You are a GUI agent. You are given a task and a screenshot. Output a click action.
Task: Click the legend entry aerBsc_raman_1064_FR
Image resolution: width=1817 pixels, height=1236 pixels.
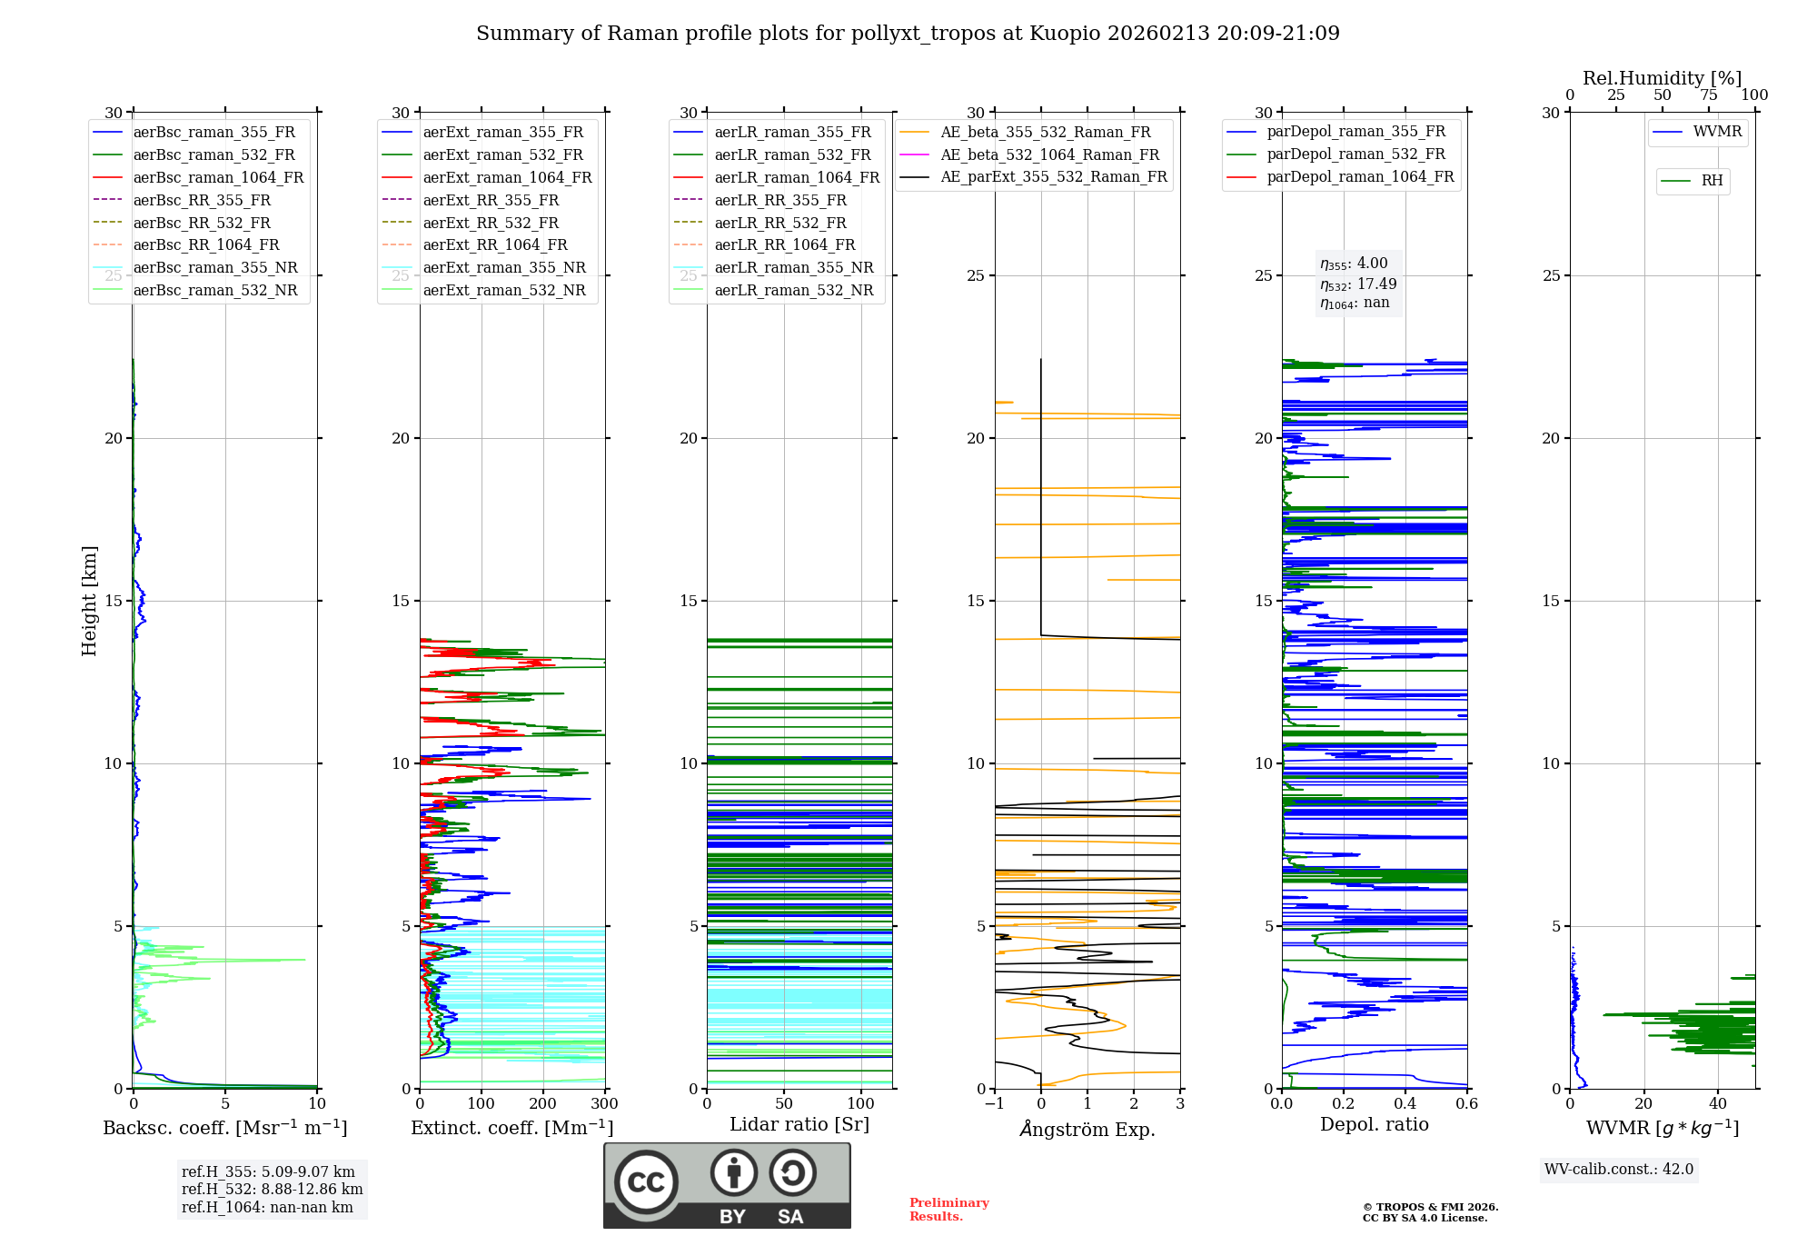[x=218, y=177]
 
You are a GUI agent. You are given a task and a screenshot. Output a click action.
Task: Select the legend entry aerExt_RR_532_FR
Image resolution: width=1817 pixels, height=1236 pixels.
[x=491, y=223]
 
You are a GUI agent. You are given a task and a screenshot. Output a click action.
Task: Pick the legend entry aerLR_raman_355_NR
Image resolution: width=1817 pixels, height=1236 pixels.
[x=793, y=267]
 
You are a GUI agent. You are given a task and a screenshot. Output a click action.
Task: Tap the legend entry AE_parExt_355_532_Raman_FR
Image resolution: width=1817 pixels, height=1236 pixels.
[x=1053, y=176]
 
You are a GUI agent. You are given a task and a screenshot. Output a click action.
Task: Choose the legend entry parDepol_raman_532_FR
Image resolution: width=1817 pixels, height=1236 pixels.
[x=1355, y=154]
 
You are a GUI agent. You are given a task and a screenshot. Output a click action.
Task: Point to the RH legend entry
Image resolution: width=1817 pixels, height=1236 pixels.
[x=1712, y=181]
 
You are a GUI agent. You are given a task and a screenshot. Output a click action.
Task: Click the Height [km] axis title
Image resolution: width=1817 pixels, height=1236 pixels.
[x=89, y=601]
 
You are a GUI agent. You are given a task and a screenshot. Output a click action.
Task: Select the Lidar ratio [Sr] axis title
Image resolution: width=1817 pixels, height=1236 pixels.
[x=799, y=1124]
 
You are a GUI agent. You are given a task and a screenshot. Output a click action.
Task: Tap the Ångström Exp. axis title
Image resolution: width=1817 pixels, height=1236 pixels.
[x=1087, y=1129]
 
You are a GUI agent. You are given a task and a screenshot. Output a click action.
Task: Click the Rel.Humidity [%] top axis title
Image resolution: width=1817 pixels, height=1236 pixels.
[x=1662, y=78]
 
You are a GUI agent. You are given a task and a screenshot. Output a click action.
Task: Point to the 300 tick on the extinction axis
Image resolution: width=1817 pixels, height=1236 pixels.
[x=604, y=1104]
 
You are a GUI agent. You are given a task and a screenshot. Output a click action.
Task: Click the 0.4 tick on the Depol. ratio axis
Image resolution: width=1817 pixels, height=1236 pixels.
[x=1405, y=1104]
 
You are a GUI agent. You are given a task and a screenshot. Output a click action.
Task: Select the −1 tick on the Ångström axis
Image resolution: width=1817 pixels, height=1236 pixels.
[x=994, y=1104]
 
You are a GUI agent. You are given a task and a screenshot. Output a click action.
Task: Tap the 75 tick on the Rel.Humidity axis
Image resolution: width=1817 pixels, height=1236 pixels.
[x=1708, y=95]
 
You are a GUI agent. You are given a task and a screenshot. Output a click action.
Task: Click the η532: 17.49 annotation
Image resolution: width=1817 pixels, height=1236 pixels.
[x=1358, y=284]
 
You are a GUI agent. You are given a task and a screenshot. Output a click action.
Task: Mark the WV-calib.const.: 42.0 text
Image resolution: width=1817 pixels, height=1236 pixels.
[x=1619, y=1169]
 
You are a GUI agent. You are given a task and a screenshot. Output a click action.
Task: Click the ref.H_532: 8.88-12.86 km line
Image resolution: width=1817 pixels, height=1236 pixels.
[x=272, y=1189]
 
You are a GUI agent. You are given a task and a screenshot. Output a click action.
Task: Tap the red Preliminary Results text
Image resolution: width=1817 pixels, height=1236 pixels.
[x=948, y=1210]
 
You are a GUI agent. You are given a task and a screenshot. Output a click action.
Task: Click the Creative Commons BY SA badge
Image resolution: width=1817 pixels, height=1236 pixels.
[x=727, y=1185]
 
